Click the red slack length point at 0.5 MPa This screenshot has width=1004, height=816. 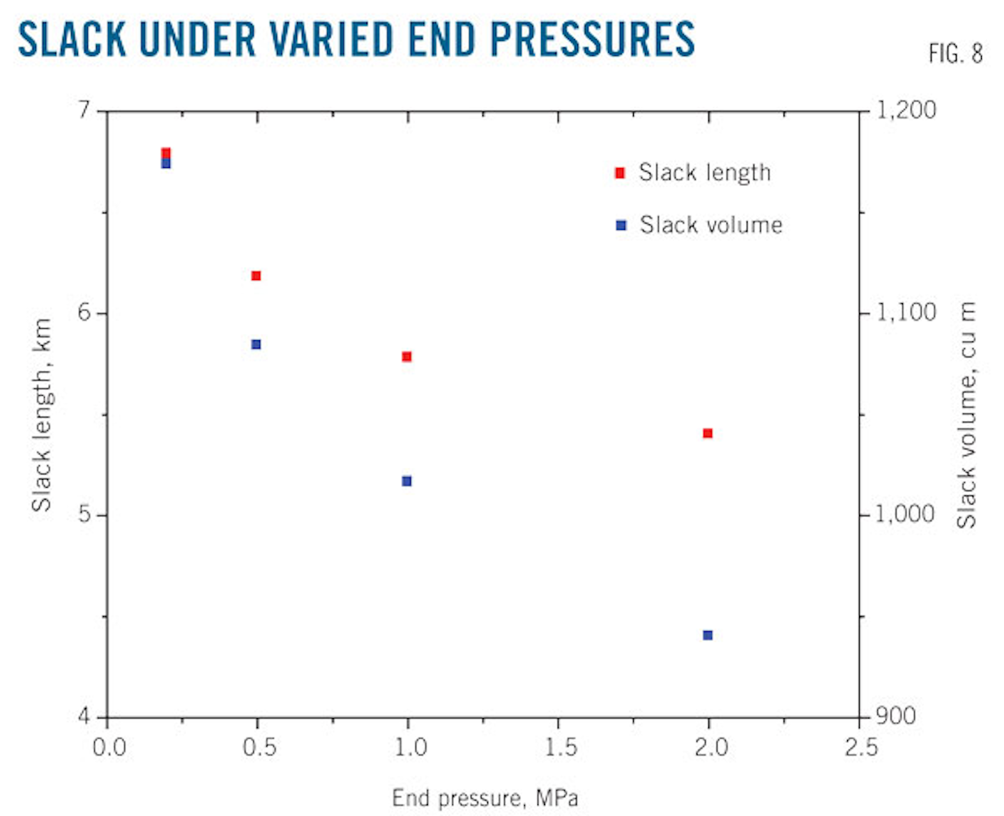pyautogui.click(x=256, y=276)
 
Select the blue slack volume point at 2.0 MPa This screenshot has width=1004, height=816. pyautogui.click(x=708, y=635)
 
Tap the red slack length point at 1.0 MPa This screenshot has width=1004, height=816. pyautogui.click(x=407, y=357)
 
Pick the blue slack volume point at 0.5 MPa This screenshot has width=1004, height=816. pyautogui.click(x=256, y=344)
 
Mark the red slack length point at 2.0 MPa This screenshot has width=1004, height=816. pyautogui.click(x=708, y=433)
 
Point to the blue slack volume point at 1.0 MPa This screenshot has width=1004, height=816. pyautogui.click(x=407, y=481)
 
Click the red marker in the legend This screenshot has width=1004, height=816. pyautogui.click(x=620, y=173)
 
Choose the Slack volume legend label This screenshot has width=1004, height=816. pyautogui.click(x=711, y=225)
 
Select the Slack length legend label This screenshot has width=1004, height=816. pyautogui.click(x=705, y=173)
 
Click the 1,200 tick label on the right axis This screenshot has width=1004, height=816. pyautogui.click(x=906, y=110)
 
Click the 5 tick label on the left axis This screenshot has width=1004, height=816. pyautogui.click(x=84, y=514)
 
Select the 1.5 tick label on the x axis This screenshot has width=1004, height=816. pyautogui.click(x=560, y=748)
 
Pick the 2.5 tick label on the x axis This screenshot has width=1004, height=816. pyautogui.click(x=861, y=748)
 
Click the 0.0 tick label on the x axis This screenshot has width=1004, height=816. pyautogui.click(x=109, y=748)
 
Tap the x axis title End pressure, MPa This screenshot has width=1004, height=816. pyautogui.click(x=485, y=798)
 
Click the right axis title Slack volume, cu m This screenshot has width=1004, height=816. pyautogui.click(x=966, y=415)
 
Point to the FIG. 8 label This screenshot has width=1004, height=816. pyautogui.click(x=955, y=54)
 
